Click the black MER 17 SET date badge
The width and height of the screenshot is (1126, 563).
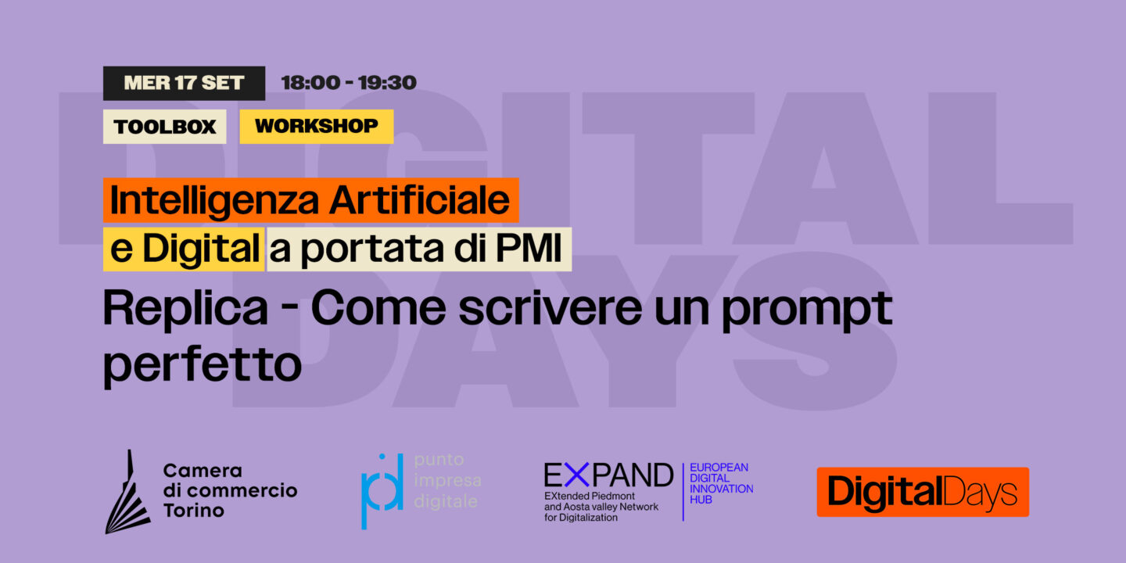point(184,83)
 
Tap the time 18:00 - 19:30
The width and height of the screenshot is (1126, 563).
point(349,83)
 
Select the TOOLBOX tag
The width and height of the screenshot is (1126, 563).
point(165,127)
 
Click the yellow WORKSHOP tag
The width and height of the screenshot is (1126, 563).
point(316,126)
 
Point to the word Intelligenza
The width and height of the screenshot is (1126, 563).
point(215,201)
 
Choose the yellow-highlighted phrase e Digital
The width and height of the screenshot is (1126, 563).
point(184,249)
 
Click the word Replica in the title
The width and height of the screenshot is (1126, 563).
point(185,310)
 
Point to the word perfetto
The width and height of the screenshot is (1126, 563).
point(202,364)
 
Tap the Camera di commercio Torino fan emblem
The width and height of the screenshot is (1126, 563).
point(127,494)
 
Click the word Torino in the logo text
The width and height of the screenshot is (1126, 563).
point(193,511)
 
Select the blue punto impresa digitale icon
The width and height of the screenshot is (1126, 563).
point(382,491)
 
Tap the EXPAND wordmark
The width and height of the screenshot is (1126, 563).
point(608,475)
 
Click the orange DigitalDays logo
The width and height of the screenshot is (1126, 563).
point(923,493)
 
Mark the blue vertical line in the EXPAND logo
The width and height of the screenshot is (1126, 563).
point(683,491)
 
